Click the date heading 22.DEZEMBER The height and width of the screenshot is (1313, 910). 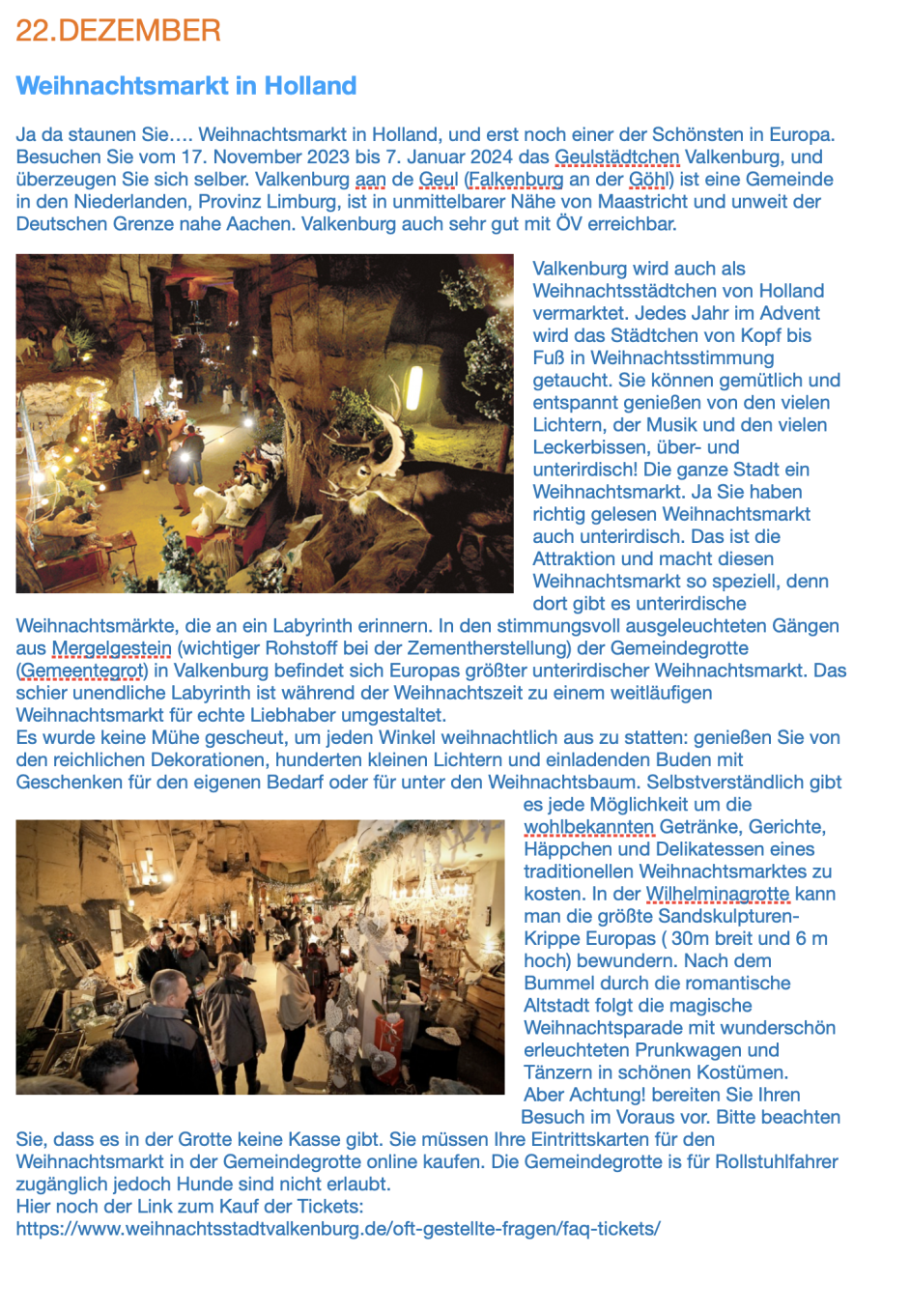[x=118, y=30]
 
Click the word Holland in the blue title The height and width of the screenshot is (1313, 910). [x=310, y=86]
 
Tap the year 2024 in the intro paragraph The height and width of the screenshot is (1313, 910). [x=492, y=157]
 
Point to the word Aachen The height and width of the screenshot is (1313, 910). [x=260, y=223]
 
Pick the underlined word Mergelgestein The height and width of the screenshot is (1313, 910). [x=111, y=647]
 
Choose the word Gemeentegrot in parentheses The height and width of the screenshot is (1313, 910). [x=80, y=670]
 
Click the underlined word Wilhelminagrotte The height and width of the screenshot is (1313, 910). [x=717, y=894]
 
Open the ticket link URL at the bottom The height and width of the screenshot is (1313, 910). [x=338, y=1229]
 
